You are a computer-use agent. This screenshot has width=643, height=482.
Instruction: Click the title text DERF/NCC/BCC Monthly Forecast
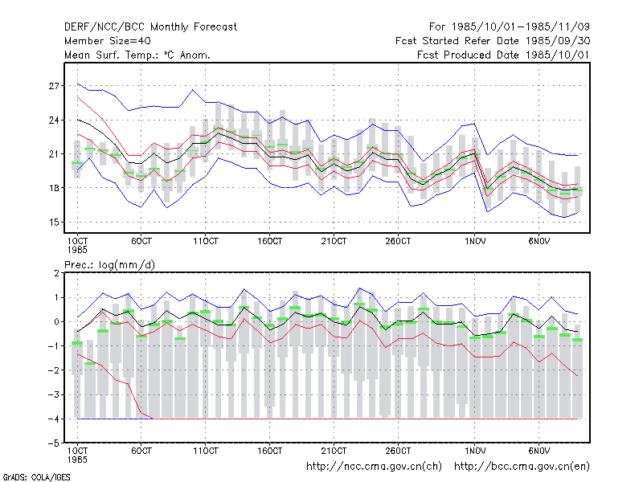(x=150, y=27)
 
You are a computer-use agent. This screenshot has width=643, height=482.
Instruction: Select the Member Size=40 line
(x=108, y=41)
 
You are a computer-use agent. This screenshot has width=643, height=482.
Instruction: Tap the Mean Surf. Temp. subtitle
(x=137, y=55)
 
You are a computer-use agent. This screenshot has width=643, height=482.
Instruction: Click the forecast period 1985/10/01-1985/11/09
(x=510, y=27)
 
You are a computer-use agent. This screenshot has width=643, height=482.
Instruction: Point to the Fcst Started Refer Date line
(x=493, y=41)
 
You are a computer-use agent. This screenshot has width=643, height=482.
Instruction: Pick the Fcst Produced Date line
(x=503, y=55)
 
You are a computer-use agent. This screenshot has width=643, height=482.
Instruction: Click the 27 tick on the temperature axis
(x=54, y=86)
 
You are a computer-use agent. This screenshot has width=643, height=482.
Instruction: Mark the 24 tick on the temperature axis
(x=54, y=120)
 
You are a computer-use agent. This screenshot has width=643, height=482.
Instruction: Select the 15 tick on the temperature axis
(x=54, y=223)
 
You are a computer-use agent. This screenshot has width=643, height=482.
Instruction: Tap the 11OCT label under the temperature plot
(x=206, y=241)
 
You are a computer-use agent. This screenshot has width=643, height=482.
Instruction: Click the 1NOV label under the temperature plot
(x=475, y=241)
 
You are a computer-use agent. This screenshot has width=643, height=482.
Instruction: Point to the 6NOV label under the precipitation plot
(x=539, y=451)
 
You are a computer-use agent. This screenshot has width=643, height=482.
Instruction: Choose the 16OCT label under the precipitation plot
(x=269, y=451)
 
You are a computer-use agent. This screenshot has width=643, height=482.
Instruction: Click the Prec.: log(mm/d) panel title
(x=109, y=265)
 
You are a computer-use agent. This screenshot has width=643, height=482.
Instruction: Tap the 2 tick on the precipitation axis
(x=56, y=273)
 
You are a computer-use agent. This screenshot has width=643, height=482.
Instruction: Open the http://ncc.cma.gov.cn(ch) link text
(x=374, y=467)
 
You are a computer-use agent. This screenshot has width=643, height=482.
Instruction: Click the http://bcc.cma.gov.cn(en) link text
(x=522, y=467)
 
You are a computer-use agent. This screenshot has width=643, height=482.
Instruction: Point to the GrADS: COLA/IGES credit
(x=36, y=477)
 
